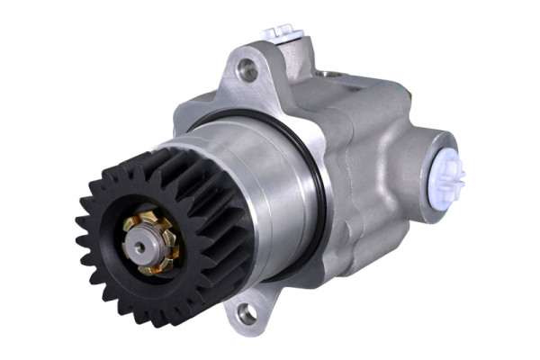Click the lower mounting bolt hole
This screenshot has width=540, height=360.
[x=246, y=314]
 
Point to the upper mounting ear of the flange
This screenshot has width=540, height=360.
[x=243, y=76]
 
